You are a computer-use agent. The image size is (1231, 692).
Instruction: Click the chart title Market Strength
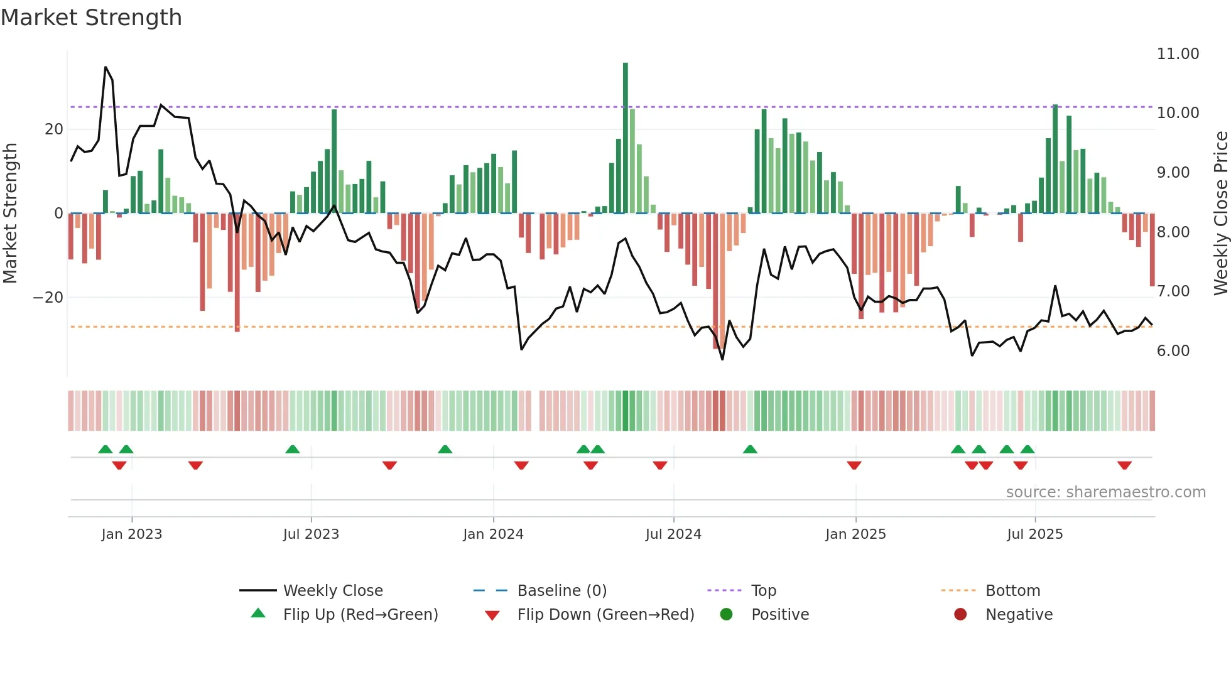tap(91, 18)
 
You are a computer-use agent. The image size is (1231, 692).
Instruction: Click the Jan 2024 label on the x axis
tap(493, 534)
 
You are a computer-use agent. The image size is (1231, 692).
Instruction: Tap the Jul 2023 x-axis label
tap(311, 534)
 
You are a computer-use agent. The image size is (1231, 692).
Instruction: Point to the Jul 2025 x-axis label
tap(1034, 534)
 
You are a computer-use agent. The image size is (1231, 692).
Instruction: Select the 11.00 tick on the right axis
tap(1178, 54)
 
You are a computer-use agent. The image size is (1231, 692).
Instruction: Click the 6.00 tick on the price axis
tap(1173, 351)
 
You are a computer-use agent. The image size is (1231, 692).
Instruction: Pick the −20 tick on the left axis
tap(48, 298)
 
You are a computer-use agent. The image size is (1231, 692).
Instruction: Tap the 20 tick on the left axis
tap(54, 129)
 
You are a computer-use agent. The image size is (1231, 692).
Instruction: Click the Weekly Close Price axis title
tap(1220, 214)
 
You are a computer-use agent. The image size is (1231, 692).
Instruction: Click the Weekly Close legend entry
tap(332, 591)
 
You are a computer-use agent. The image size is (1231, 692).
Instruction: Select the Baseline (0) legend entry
tap(561, 591)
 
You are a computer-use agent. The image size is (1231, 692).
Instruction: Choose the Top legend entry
tap(763, 591)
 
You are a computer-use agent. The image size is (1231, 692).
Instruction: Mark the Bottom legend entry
tap(1012, 591)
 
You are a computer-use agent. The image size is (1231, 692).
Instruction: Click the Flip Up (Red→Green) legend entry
tap(360, 615)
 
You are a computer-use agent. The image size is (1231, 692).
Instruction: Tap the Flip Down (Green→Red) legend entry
tap(605, 615)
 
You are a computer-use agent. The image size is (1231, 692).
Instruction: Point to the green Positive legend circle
tap(727, 615)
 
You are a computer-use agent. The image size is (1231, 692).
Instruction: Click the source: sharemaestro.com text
tap(1105, 492)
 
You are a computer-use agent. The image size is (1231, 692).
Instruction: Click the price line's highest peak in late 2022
tap(106, 67)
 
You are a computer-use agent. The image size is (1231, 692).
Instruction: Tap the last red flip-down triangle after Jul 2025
tap(1124, 465)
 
